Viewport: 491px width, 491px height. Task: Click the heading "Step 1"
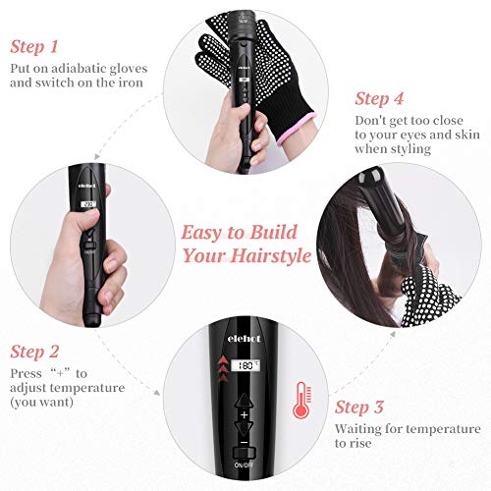(34, 46)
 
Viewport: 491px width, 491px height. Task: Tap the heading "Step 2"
(34, 352)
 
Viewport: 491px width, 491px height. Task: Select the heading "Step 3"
(358, 407)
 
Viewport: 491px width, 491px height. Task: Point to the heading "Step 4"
(379, 98)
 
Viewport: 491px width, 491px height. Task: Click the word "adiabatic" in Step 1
(79, 69)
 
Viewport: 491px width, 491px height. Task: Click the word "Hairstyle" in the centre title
(271, 255)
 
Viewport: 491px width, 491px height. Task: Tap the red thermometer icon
(302, 400)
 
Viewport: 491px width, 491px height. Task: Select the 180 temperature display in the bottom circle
(245, 365)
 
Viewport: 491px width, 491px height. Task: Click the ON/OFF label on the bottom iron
(244, 464)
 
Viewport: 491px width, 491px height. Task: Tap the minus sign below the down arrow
(244, 443)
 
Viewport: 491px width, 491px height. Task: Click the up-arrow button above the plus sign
(244, 401)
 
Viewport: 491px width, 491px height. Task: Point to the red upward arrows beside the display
(223, 368)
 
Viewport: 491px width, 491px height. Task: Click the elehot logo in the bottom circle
(245, 338)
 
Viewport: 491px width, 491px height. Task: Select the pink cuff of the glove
(298, 129)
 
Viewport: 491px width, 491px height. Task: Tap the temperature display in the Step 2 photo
(88, 204)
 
